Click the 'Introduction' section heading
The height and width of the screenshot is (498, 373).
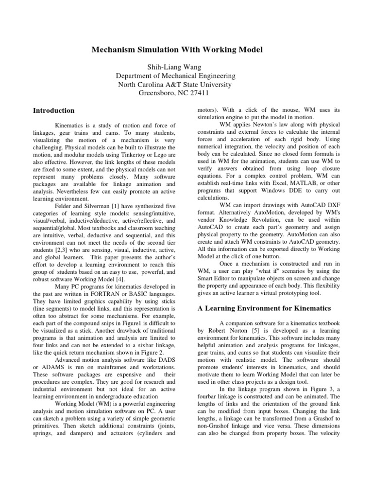(53, 110)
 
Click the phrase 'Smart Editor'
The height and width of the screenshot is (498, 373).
(214, 271)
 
